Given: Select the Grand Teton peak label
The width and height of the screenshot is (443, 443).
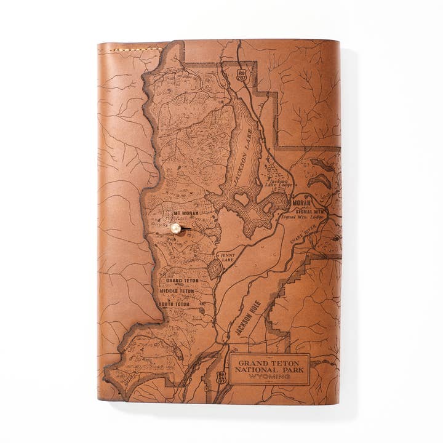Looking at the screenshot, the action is [x=182, y=281].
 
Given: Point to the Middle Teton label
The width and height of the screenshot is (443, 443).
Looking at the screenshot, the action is [x=177, y=291].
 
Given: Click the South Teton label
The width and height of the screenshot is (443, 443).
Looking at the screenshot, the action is [x=174, y=304].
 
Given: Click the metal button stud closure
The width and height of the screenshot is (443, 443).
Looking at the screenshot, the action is [x=176, y=228].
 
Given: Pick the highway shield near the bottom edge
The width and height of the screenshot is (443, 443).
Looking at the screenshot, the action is [x=221, y=378].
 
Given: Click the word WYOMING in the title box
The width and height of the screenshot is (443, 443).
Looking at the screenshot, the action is [x=269, y=377].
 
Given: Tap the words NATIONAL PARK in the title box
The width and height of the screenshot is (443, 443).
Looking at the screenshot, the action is [x=269, y=369].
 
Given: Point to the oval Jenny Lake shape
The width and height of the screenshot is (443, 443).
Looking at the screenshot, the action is [x=215, y=269].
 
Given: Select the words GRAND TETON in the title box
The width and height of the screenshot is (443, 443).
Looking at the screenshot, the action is [x=269, y=362].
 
